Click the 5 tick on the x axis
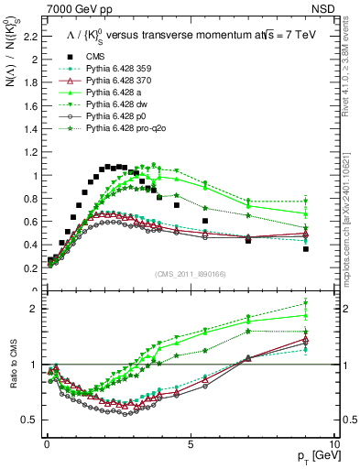point(190,442)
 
